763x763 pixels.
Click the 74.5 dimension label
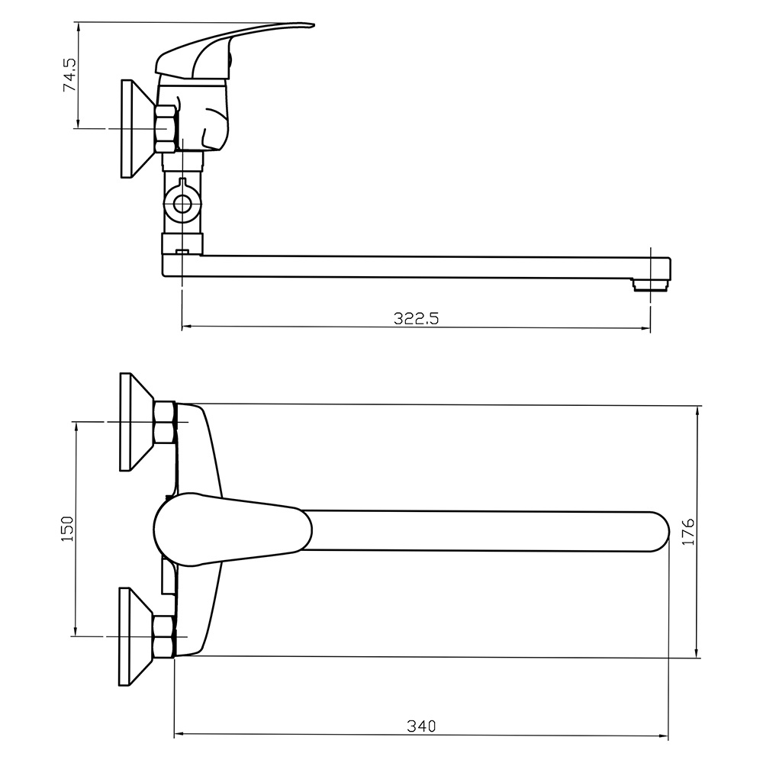click(x=69, y=75)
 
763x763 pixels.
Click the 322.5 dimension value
click(x=416, y=318)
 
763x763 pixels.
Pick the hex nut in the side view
click(x=166, y=128)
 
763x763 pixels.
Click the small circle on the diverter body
click(x=182, y=204)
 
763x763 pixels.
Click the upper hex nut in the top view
click(x=166, y=422)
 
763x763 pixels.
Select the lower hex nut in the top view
click(x=165, y=637)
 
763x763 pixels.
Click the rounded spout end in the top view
click(x=659, y=531)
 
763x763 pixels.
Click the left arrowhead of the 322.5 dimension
click(x=186, y=327)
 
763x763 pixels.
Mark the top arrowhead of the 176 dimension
click(x=698, y=410)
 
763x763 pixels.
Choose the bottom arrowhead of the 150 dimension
click(x=76, y=631)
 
